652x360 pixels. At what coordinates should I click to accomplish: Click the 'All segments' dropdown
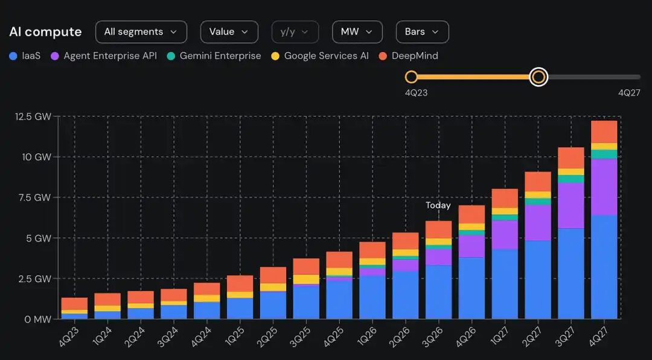tap(141, 32)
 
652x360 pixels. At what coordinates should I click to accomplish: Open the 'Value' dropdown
tap(229, 32)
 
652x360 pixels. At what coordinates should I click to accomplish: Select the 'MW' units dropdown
tap(357, 32)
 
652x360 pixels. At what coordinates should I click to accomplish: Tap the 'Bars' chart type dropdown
tap(422, 32)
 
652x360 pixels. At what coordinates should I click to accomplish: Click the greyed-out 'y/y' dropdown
tap(295, 32)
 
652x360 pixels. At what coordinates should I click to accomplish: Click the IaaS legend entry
tap(25, 56)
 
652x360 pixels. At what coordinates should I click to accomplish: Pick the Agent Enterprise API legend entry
tap(104, 56)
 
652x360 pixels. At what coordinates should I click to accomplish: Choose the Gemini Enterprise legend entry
tap(214, 56)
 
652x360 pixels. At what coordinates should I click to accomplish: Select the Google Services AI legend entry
tap(320, 56)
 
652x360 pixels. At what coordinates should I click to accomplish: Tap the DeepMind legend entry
tap(408, 56)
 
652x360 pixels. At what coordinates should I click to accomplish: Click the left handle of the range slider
tap(411, 77)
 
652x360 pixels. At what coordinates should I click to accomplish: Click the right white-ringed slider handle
tap(539, 77)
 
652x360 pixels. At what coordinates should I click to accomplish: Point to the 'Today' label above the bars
tap(438, 205)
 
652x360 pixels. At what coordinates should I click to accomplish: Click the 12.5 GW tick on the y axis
tap(33, 117)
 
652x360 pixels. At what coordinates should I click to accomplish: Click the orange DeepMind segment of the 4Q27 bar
tap(604, 132)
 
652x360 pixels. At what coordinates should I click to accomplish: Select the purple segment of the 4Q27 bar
tap(604, 187)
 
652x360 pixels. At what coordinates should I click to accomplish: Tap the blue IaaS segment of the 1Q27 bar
tap(505, 284)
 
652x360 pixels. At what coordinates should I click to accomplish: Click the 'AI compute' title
tap(45, 32)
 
